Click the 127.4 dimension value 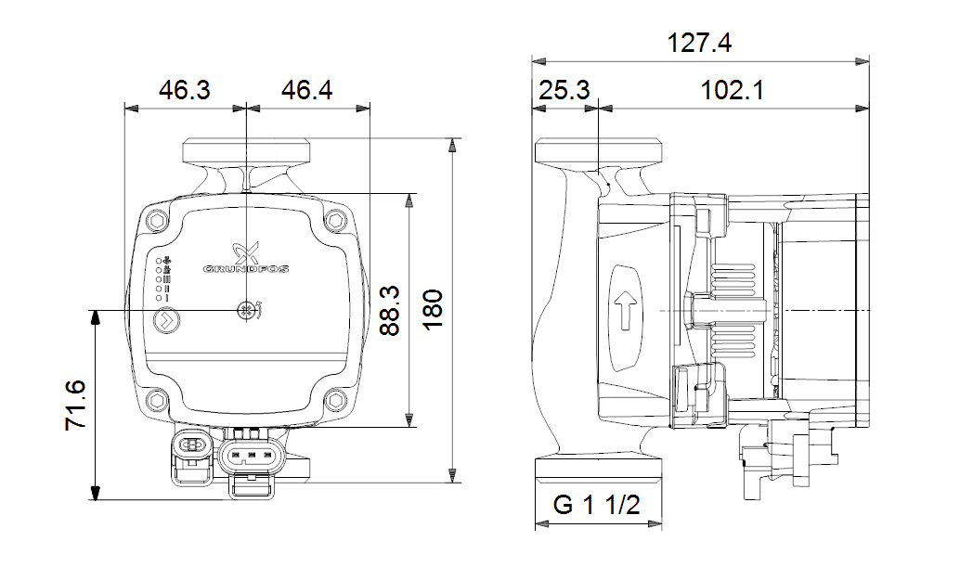[699, 43]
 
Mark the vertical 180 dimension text [433, 311]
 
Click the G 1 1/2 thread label [597, 506]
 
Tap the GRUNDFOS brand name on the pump [246, 270]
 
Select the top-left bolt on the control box [156, 221]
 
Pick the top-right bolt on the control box [334, 221]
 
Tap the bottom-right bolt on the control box [334, 400]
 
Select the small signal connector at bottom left [192, 446]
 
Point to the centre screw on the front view [246, 311]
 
